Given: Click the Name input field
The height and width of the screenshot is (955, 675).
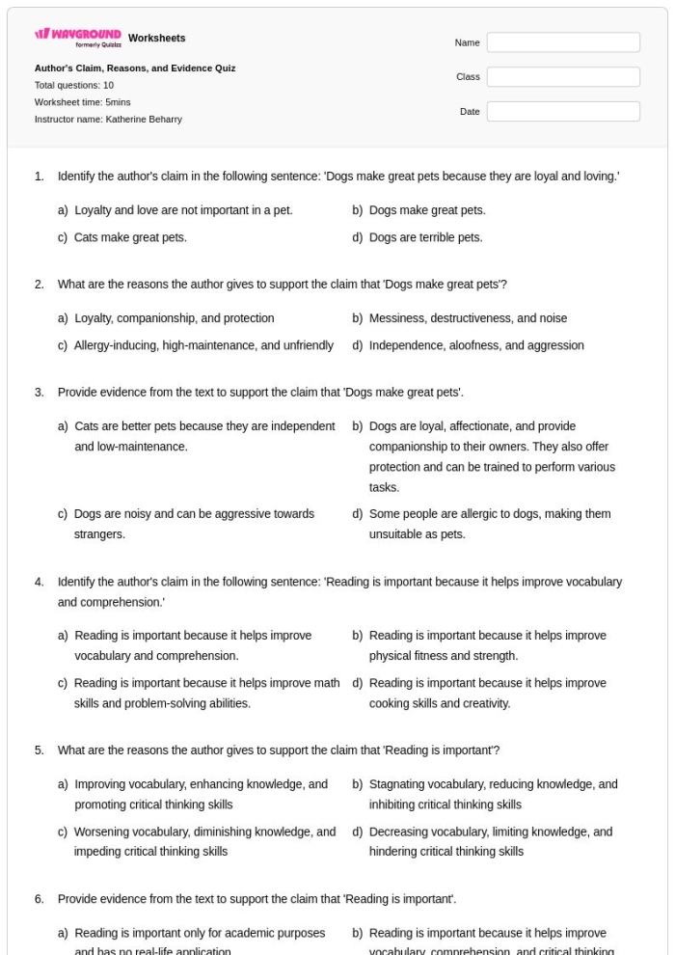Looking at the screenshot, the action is point(563,42).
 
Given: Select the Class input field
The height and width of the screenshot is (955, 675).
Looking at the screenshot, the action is point(563,77).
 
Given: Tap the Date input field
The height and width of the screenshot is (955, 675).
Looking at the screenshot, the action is point(563,112).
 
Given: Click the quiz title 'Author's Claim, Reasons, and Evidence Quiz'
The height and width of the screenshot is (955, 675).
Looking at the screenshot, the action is point(135,68).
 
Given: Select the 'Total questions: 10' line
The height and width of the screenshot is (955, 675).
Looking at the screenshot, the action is point(74,85).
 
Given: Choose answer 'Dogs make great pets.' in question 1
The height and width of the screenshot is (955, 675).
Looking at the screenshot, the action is point(427,210).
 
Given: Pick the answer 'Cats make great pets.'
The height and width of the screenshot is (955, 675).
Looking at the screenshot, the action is point(130,237).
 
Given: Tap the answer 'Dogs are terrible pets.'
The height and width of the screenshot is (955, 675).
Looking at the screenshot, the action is point(425,237).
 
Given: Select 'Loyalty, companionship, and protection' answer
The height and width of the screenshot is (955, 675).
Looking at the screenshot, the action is point(174,318).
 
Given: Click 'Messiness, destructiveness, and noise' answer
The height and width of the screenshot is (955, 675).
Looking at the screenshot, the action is point(468,318).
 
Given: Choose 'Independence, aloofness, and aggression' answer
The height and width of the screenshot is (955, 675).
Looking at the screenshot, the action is point(476,345).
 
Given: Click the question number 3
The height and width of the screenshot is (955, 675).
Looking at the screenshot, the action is point(40,393).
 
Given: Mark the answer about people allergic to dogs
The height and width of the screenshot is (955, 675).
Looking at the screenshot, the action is point(489,524).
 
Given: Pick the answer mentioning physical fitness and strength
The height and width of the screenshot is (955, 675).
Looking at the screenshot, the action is point(487,646).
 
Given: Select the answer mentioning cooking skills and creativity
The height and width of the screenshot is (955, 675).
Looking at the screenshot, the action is point(487,693).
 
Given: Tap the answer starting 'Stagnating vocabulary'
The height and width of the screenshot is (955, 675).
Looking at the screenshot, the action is point(493,794).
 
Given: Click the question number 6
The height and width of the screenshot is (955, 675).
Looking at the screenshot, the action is point(40,900).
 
